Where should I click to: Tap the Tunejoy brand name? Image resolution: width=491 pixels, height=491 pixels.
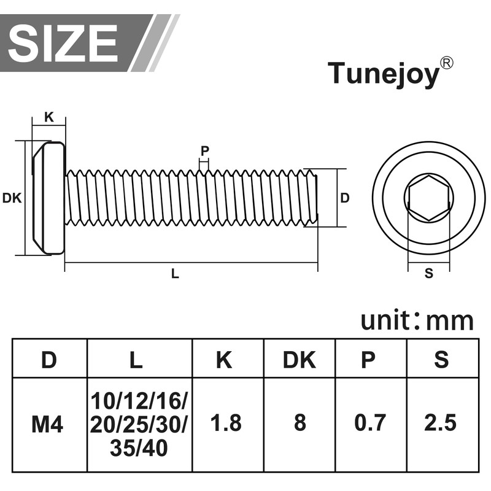(x=384, y=74)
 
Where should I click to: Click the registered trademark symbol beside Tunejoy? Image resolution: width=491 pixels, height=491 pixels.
(x=447, y=63)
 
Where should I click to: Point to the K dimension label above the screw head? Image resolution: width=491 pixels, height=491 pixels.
(x=49, y=117)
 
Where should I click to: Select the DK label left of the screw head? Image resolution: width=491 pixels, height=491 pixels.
(x=12, y=198)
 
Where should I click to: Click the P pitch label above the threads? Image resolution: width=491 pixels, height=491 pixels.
(x=205, y=151)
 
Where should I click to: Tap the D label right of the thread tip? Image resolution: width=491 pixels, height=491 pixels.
(x=344, y=198)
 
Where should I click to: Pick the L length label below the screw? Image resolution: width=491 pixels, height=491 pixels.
(x=175, y=274)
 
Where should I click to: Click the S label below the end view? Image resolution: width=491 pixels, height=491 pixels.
(x=428, y=273)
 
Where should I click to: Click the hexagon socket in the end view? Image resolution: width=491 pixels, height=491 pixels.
(x=428, y=198)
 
